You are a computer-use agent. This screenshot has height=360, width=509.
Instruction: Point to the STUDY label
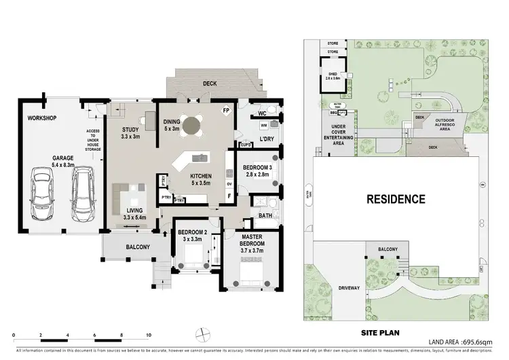coord(130,133)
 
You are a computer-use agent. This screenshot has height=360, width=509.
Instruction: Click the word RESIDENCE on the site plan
coord(396,199)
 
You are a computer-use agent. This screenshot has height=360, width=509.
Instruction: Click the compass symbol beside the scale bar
coord(200,334)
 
